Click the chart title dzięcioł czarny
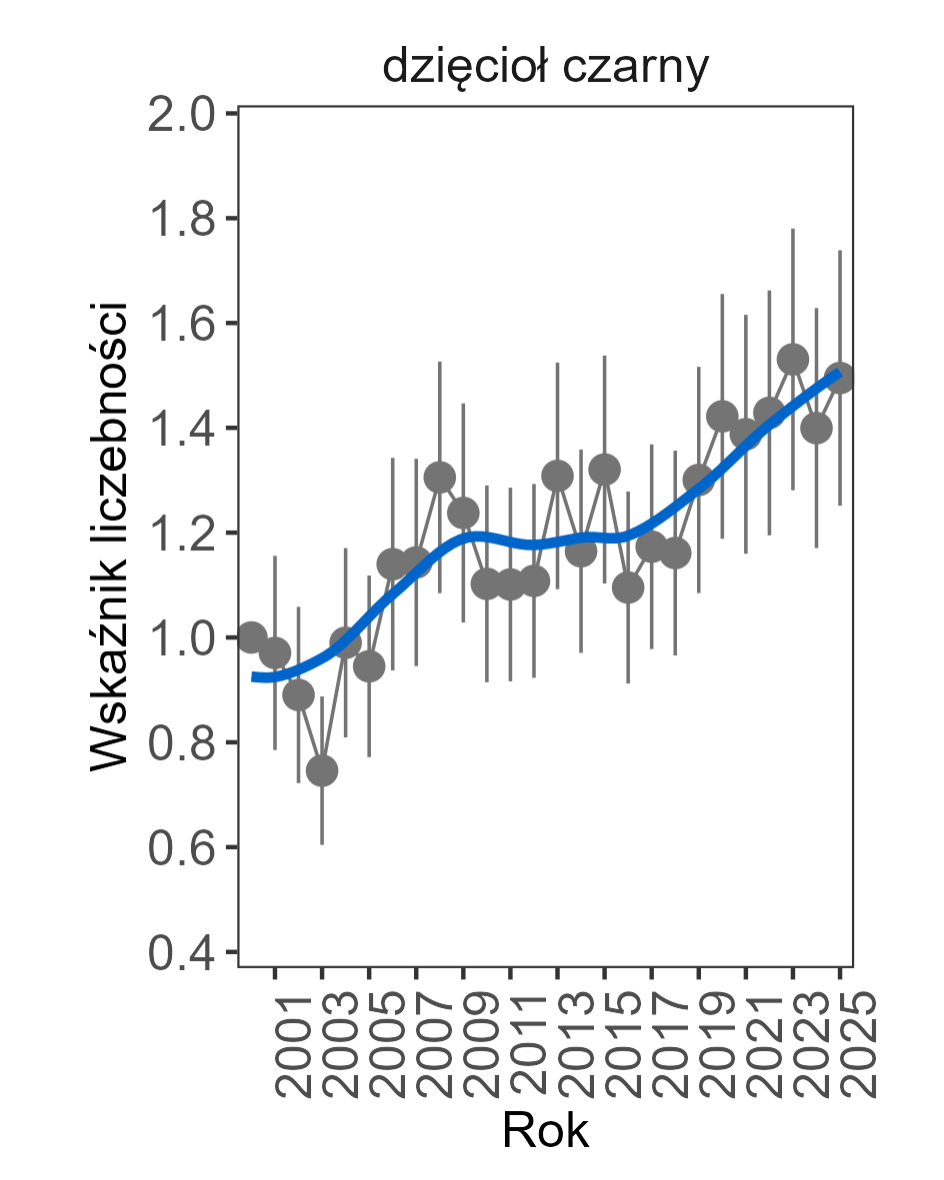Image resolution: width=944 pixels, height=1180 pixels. (545, 68)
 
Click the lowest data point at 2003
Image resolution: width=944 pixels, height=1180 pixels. (321, 770)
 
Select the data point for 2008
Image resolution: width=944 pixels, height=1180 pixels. (439, 478)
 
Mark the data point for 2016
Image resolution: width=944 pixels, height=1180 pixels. (628, 588)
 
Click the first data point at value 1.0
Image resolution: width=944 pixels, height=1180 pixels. (251, 636)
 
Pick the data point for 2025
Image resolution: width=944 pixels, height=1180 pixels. (840, 378)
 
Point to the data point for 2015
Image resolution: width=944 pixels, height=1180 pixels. (604, 469)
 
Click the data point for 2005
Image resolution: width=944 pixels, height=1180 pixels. (369, 666)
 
